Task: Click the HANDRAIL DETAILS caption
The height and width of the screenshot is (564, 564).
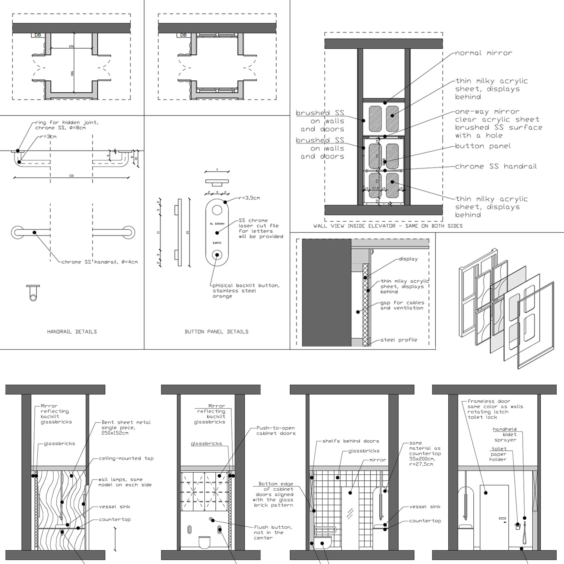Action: [72, 332]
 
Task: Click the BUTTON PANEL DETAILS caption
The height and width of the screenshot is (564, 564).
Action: [216, 332]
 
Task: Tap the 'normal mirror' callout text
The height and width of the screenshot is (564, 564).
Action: [483, 53]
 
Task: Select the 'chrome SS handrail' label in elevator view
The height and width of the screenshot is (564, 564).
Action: [496, 166]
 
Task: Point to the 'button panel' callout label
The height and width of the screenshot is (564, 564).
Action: [483, 146]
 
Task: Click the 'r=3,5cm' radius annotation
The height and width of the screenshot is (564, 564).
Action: [249, 198]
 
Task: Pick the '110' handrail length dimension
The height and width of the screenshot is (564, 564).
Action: [72, 176]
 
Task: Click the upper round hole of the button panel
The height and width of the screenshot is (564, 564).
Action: [217, 210]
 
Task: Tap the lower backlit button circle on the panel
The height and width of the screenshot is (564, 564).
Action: [217, 255]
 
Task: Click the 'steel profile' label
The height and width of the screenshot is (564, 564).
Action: [399, 340]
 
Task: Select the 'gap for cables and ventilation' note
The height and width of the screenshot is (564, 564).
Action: [402, 305]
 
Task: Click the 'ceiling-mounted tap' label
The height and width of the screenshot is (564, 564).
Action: [126, 458]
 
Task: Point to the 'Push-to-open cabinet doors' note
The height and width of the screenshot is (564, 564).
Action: [276, 430]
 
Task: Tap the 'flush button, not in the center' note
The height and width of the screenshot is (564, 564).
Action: [272, 532]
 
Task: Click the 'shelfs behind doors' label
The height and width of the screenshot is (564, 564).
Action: [351, 441]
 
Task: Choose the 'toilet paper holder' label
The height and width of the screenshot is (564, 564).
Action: [498, 454]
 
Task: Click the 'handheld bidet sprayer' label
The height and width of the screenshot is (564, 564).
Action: [505, 435]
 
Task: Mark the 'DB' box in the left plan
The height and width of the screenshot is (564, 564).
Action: [37, 35]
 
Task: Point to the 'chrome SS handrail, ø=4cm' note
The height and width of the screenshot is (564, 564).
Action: [100, 262]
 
